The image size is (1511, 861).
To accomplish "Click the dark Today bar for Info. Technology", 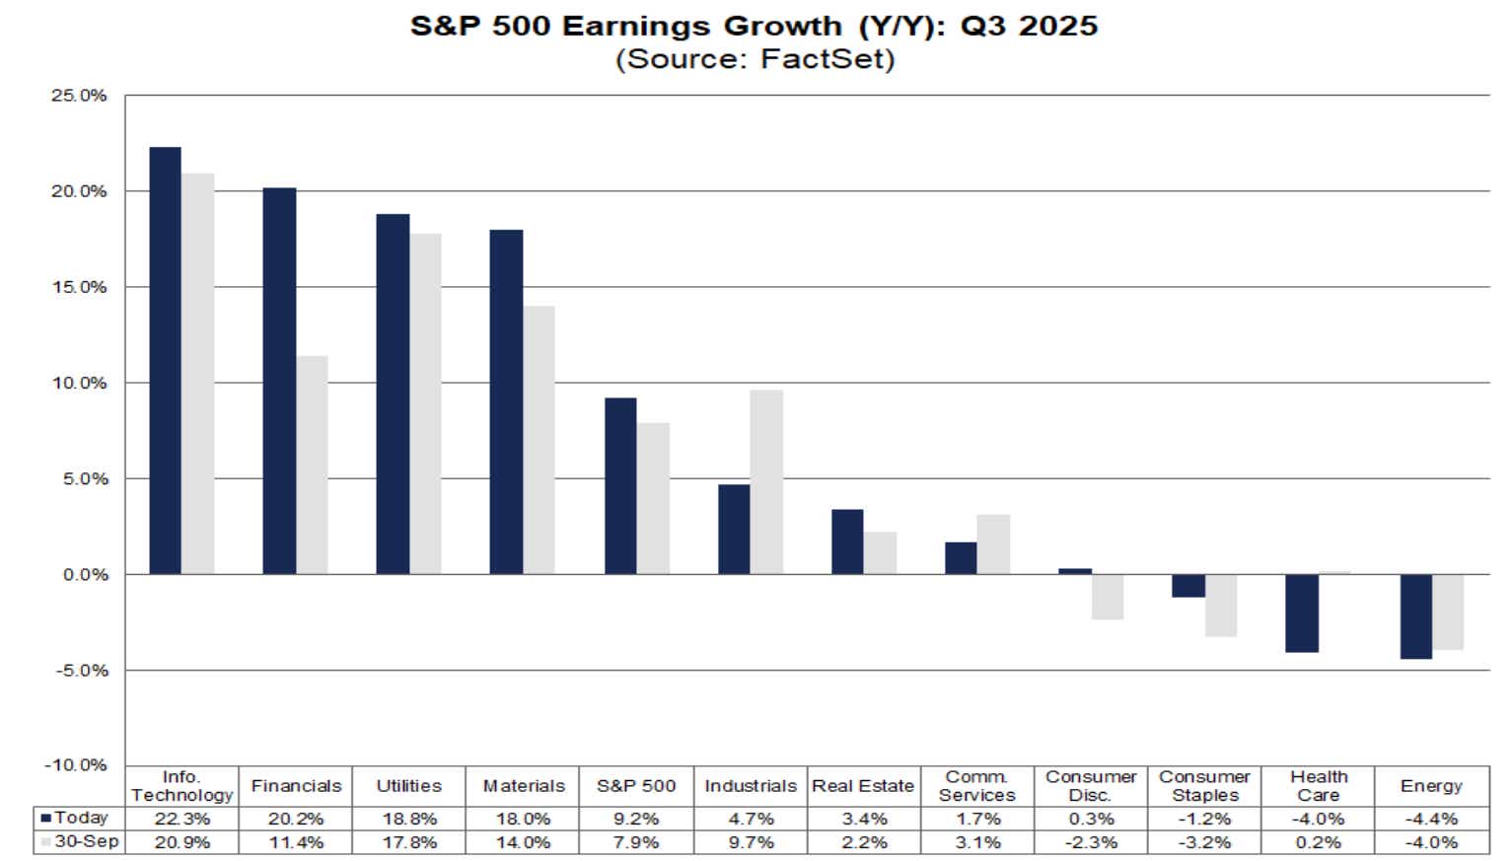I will click(165, 361).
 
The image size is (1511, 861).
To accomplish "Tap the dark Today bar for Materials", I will click(506, 402).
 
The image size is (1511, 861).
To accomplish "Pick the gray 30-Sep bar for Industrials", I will click(766, 482).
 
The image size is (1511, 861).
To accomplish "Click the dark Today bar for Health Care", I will click(1302, 612).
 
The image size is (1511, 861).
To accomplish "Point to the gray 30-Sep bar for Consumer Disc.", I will click(1107, 597).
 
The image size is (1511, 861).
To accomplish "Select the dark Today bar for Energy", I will click(1415, 616).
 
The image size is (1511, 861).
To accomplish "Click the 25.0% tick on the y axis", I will click(79, 96).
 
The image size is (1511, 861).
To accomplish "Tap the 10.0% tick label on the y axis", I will click(79, 383).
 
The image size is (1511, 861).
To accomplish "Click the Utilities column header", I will click(408, 786).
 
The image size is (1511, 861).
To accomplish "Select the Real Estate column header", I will click(863, 786).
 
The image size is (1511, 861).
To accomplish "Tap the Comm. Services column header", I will click(976, 786).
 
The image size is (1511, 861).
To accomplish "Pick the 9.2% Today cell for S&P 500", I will click(636, 819).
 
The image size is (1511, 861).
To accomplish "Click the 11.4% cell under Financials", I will click(296, 842).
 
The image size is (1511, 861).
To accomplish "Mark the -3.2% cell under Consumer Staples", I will click(1204, 842).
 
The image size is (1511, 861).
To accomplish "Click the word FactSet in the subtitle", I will click(827, 59).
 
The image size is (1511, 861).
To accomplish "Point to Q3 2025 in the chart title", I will click(1029, 26).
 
